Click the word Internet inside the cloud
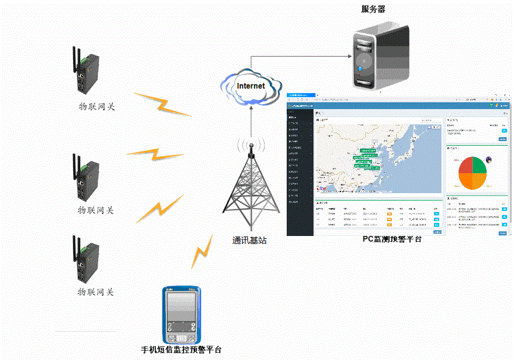(x=251, y=86)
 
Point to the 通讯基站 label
(x=250, y=241)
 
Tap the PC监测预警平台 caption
(x=392, y=239)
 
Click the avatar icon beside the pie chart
(x=489, y=160)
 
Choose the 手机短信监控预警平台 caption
(x=181, y=350)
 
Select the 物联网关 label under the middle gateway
(x=96, y=210)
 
